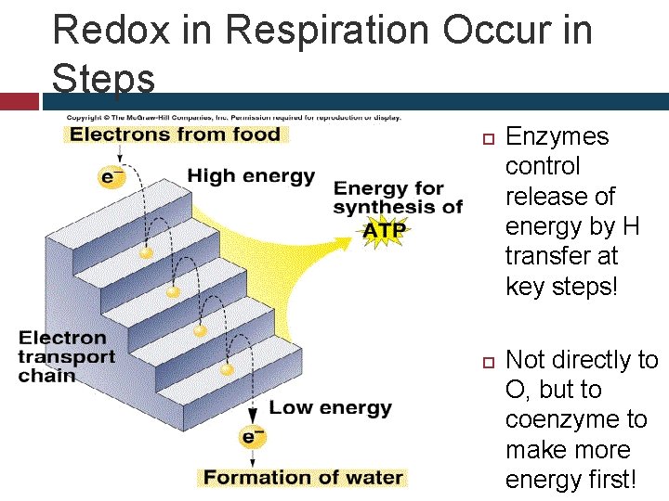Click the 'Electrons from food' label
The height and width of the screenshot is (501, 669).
(175, 135)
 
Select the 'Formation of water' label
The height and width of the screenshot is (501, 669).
(303, 478)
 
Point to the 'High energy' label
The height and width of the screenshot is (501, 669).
(251, 176)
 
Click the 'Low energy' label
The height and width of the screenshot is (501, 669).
(330, 407)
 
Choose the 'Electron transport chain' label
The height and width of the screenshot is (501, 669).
(67, 356)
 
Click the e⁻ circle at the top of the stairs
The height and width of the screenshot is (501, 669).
(112, 175)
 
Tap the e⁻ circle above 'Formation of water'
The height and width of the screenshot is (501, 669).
(251, 436)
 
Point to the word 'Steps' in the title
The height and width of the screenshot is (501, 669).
(103, 79)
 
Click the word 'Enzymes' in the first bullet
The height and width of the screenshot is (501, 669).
(557, 136)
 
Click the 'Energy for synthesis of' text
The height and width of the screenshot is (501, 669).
(398, 198)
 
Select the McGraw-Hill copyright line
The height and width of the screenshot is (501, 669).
(232, 118)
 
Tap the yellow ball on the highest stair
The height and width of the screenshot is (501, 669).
(145, 252)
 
